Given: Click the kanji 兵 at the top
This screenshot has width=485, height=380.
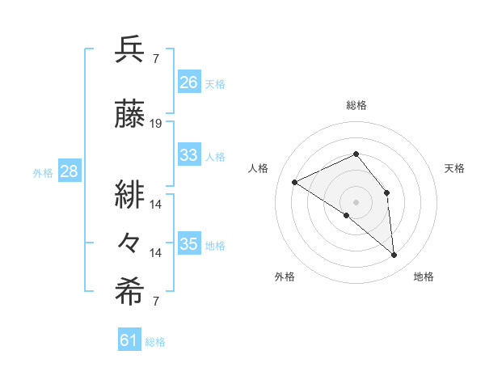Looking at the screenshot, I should tap(130, 50).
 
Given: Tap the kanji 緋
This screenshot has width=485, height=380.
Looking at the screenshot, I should tap(130, 194).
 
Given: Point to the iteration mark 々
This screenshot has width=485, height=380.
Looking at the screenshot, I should tap(130, 242).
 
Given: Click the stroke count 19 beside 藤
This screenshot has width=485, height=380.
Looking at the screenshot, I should tap(157, 124).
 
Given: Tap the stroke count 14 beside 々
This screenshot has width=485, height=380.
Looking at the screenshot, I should tap(157, 253).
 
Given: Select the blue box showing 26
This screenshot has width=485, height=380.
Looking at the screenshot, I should tap(189, 82).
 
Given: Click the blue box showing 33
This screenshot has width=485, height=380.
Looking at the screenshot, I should tap(189, 155).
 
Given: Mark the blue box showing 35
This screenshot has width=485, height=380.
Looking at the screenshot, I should tap(189, 244).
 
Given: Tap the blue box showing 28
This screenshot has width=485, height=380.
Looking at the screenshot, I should tap(69, 171).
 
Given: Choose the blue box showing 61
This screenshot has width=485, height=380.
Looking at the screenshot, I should tap(129, 340).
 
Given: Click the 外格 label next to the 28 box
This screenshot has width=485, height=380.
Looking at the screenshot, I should tap(43, 172).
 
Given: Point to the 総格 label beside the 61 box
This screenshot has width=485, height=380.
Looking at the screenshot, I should tap(155, 342).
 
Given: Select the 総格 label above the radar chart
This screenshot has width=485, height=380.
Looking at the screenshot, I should tap(356, 105).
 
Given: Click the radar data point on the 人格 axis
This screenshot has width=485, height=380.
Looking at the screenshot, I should tap(295, 182).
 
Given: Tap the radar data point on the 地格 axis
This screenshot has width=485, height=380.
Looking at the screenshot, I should tap(394, 255).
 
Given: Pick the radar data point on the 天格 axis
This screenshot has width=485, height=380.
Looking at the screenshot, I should tap(386, 192).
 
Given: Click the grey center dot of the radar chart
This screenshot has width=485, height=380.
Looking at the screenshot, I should tap(356, 201).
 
